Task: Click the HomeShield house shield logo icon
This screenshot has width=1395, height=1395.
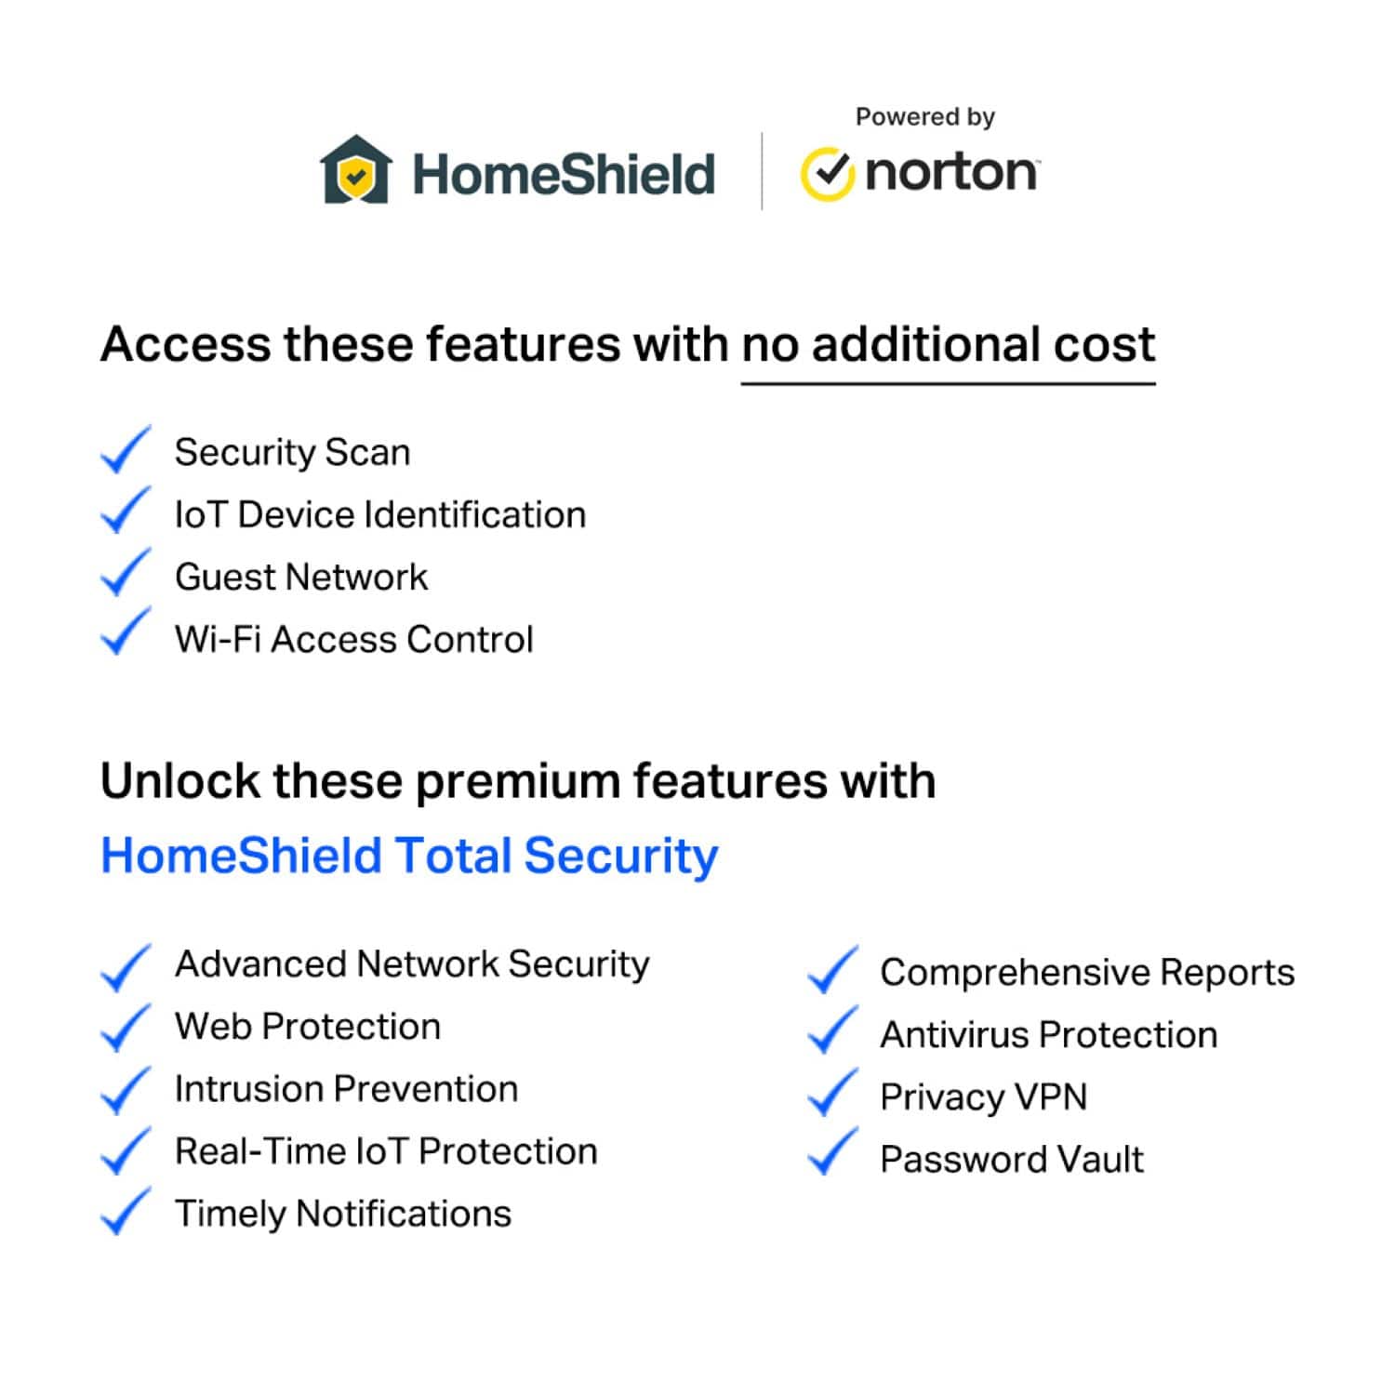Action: click(355, 169)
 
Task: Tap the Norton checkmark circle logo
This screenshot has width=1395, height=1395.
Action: click(826, 174)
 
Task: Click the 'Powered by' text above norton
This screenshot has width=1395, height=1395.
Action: click(925, 118)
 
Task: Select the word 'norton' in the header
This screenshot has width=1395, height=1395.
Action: click(951, 172)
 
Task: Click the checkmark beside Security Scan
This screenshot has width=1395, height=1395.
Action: click(125, 450)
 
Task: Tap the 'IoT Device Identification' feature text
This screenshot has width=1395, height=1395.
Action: click(380, 514)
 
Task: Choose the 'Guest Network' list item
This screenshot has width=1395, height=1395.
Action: click(301, 577)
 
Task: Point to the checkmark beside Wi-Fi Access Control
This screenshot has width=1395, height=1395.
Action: click(125, 631)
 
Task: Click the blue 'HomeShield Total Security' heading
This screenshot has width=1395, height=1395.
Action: click(409, 856)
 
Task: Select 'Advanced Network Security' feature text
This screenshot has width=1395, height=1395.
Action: click(412, 964)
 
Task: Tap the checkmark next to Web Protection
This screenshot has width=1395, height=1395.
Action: click(125, 1028)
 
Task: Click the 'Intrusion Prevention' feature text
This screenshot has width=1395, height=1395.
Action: click(346, 1089)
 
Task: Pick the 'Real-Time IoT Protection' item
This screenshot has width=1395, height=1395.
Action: click(386, 1151)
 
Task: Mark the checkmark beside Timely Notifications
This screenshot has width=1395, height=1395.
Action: click(125, 1211)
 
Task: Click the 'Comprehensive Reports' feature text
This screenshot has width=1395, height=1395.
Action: click(1087, 973)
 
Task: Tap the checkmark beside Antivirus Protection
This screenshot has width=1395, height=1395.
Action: click(832, 1030)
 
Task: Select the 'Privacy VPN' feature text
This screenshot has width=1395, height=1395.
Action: click(983, 1097)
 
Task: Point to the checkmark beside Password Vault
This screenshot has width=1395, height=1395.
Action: click(832, 1151)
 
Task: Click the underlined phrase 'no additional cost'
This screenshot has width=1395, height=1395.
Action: click(948, 346)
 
